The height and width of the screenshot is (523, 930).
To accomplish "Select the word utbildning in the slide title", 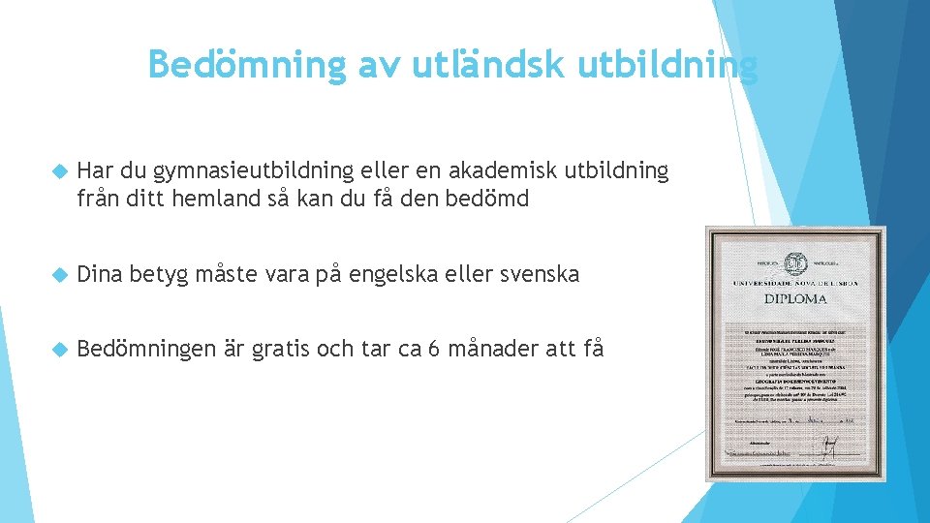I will (x=668, y=64).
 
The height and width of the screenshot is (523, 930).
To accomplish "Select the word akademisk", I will (x=513, y=171).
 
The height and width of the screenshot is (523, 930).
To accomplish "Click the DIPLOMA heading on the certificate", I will (x=796, y=300).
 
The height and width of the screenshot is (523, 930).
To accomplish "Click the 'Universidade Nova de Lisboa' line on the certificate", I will (x=796, y=283).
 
